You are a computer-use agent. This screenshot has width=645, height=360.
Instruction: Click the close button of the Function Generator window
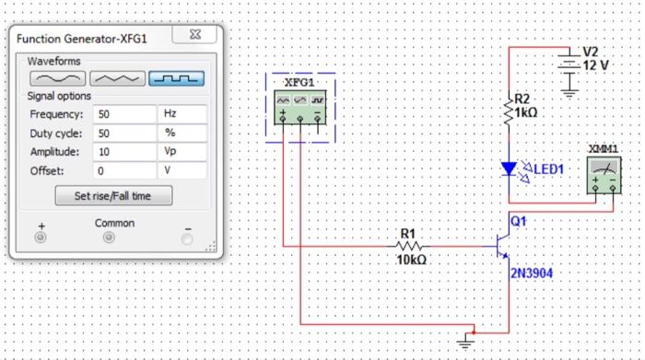pyautogui.click(x=195, y=38)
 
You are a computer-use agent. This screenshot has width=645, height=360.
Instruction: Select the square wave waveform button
pyautogui.click(x=176, y=79)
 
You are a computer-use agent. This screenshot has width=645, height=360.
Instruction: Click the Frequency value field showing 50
pyautogui.click(x=123, y=114)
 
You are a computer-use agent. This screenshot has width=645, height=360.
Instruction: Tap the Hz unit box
pyautogui.click(x=182, y=114)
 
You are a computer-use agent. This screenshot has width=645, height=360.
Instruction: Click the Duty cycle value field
pyautogui.click(x=123, y=133)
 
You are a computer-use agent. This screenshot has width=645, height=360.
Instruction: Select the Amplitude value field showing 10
pyautogui.click(x=123, y=151)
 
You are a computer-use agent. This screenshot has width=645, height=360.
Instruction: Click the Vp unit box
pyautogui.click(x=182, y=151)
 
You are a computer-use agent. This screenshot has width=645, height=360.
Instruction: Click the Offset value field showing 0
pyautogui.click(x=123, y=170)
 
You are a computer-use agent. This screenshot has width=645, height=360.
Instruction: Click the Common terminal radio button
pyautogui.click(x=109, y=238)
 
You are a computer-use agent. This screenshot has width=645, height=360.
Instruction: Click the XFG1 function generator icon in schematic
pyautogui.click(x=299, y=107)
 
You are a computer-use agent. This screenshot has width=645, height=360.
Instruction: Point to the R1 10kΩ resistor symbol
pyautogui.click(x=408, y=246)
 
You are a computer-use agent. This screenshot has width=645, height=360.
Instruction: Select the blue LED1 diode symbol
pyautogui.click(x=509, y=169)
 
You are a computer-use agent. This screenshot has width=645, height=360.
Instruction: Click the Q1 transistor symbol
pyautogui.click(x=502, y=245)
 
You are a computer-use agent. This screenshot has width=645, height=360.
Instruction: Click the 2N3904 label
pyautogui.click(x=532, y=273)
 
